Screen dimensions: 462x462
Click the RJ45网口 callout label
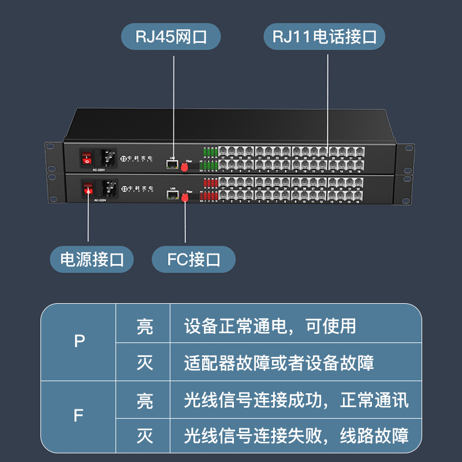tap(171, 37)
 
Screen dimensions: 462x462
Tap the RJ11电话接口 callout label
tap(325, 38)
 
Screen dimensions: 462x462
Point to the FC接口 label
tap(194, 259)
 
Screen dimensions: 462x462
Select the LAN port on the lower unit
tap(172, 194)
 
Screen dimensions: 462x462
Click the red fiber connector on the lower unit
tap(186, 198)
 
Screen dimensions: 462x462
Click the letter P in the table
tap(80, 341)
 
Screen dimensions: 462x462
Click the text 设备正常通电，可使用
tap(270, 326)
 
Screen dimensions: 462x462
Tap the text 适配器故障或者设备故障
tap(279, 363)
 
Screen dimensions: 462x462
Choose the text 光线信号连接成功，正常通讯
tap(296, 400)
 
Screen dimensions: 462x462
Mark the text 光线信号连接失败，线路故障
tap(296, 435)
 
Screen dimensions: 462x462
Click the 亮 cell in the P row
tap(145, 326)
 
